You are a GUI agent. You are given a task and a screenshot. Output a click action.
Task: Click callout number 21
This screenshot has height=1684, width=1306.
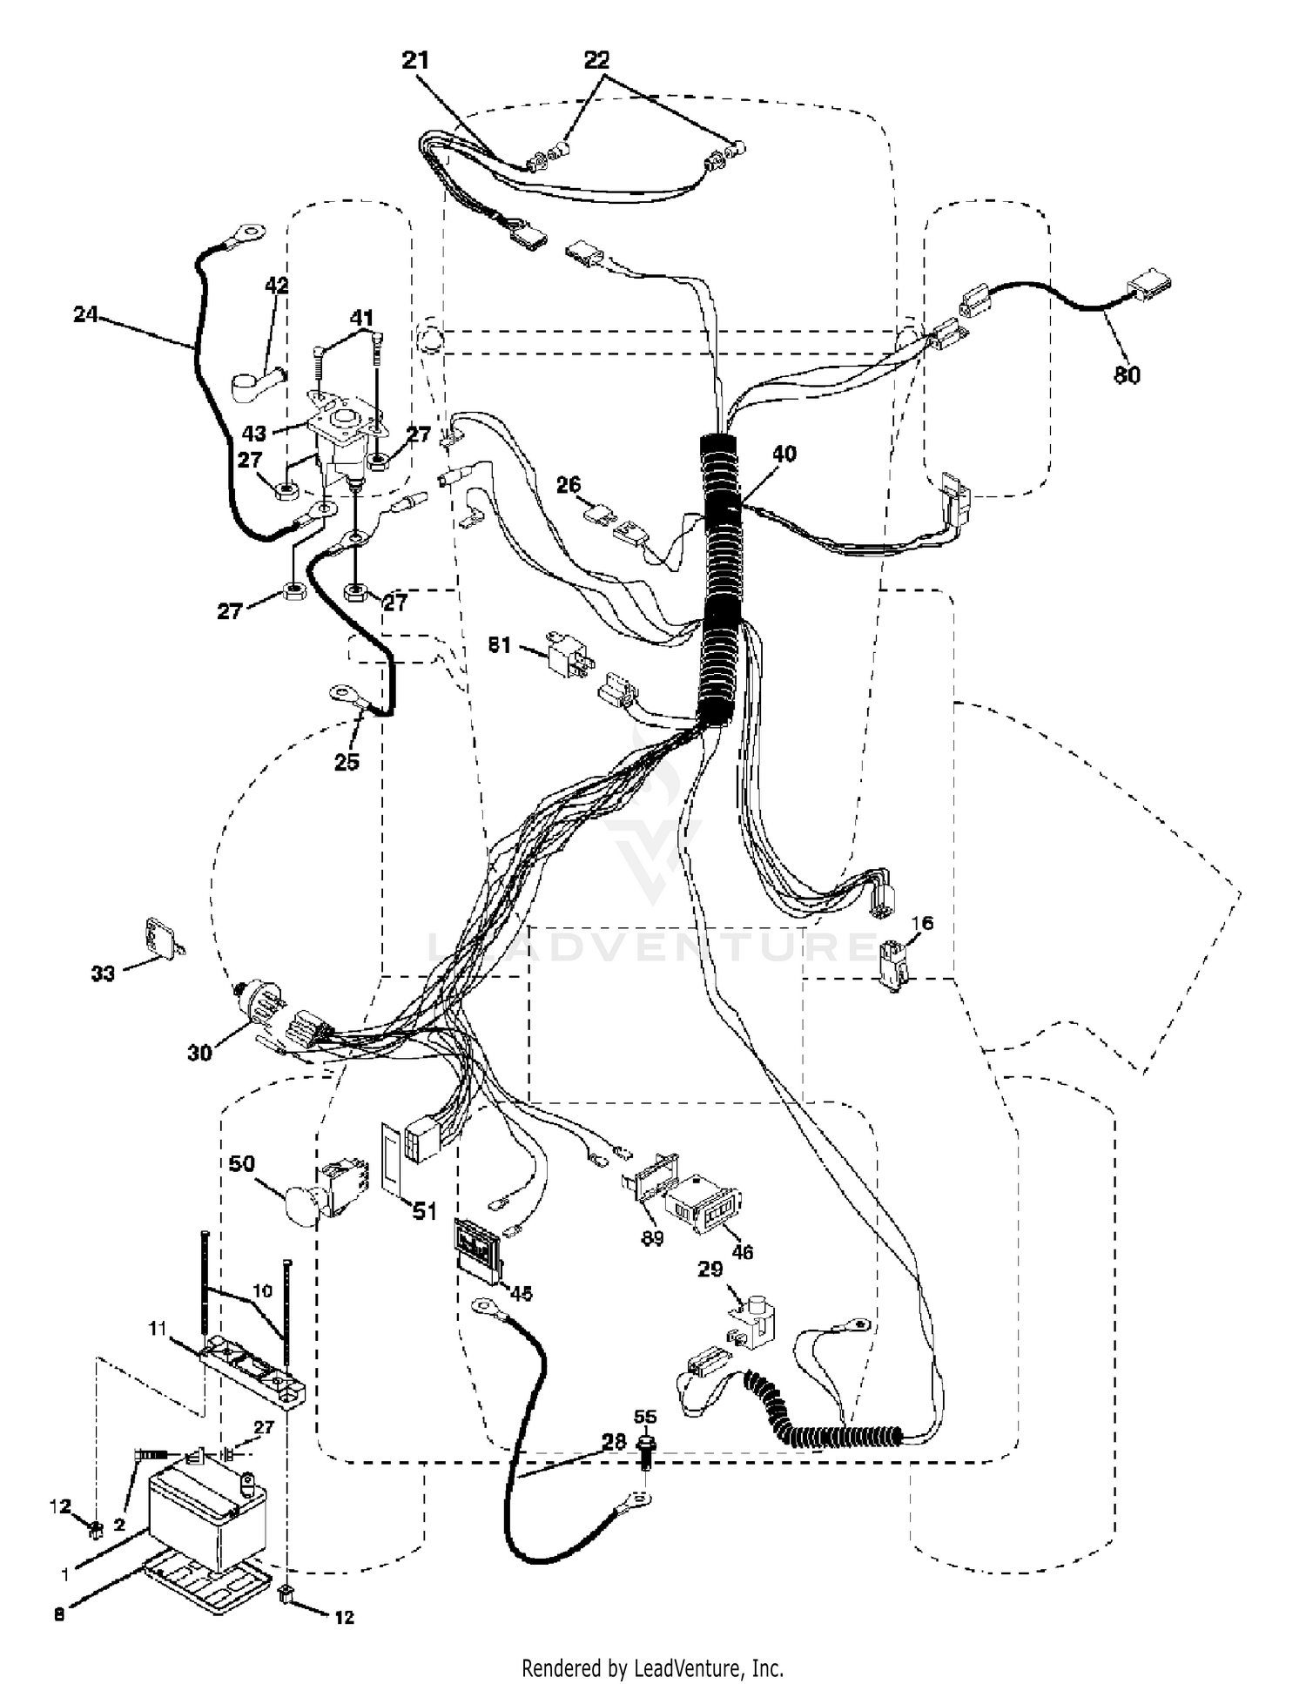[x=415, y=60]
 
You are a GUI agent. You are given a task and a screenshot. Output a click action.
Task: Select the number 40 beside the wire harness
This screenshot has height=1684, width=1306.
[x=784, y=454]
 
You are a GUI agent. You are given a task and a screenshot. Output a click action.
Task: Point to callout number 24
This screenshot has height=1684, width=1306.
[x=85, y=314]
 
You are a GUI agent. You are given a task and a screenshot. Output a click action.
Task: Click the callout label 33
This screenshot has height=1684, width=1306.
[x=103, y=973]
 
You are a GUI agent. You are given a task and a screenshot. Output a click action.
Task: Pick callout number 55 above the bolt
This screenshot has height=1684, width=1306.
[x=645, y=1417]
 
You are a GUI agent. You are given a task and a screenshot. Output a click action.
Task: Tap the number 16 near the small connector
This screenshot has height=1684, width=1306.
[x=922, y=923]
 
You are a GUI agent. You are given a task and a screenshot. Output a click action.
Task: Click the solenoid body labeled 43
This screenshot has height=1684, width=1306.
[x=344, y=435]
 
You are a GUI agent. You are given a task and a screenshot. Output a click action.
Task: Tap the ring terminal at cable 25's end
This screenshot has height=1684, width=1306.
[x=346, y=695]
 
